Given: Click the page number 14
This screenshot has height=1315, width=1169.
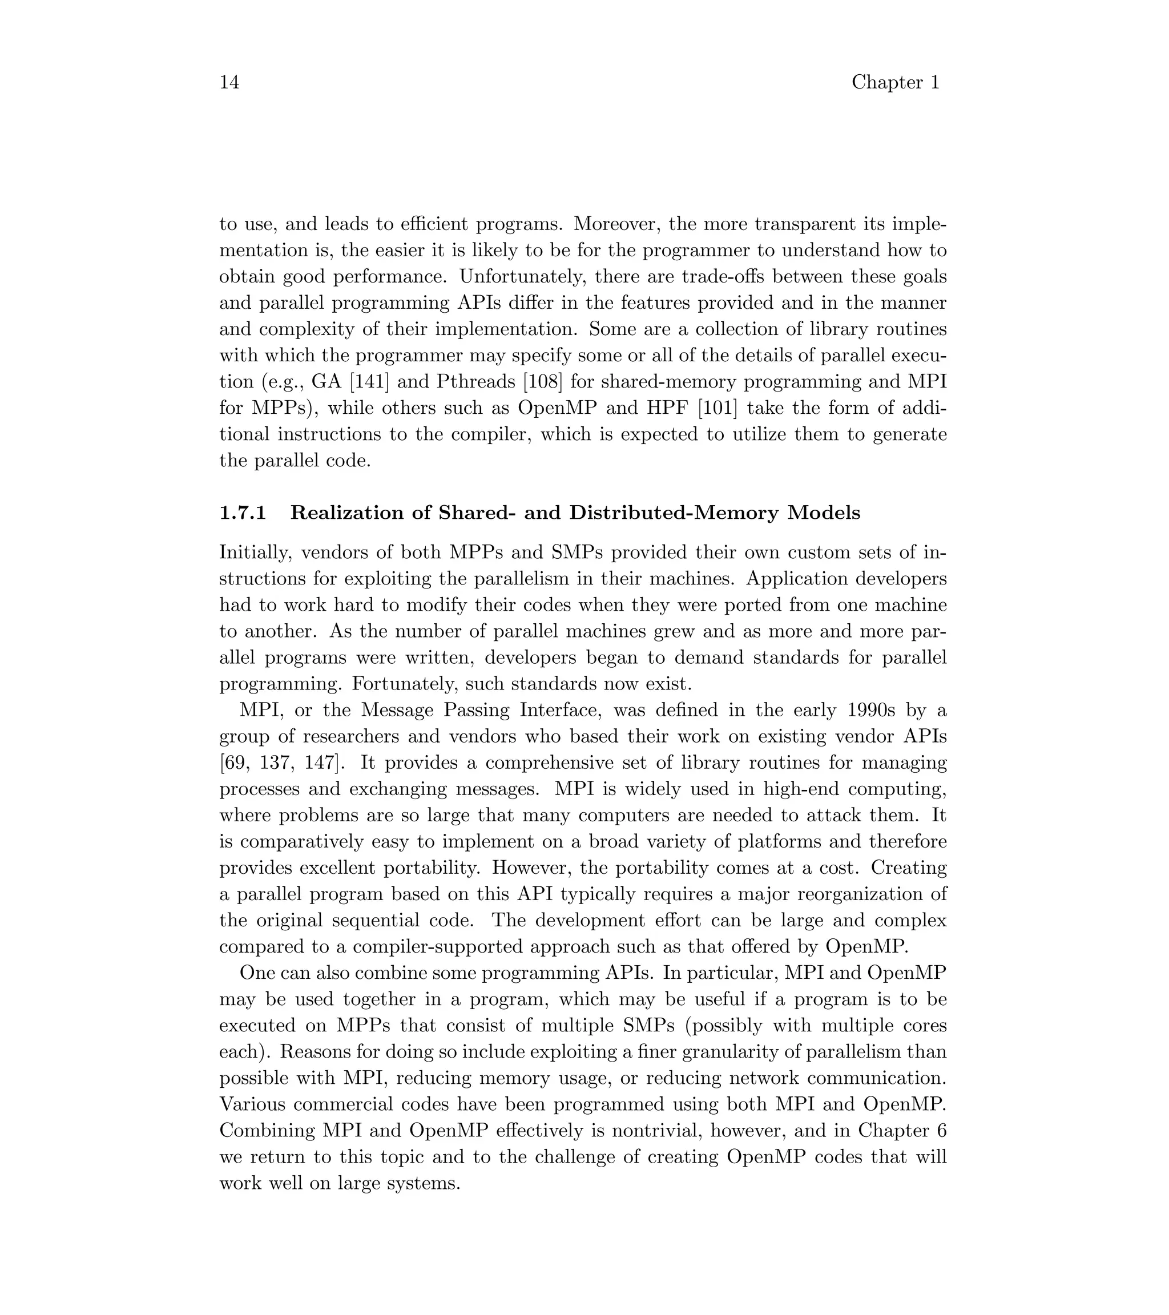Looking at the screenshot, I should tap(229, 82).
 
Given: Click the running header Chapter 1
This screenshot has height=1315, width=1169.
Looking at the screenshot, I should tap(895, 82).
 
